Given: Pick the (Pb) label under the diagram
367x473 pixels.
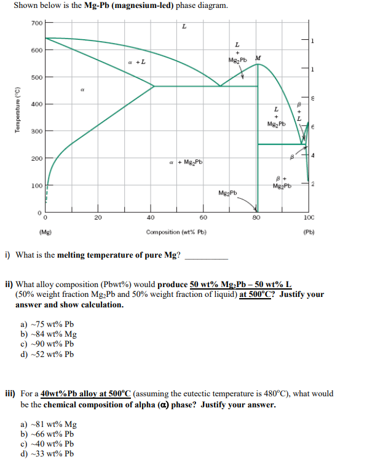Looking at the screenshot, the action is [309, 233].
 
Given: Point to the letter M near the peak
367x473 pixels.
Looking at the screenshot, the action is [258, 59].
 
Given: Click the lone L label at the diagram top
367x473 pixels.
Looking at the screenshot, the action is [184, 27].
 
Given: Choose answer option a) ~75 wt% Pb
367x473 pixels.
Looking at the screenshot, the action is [47, 325].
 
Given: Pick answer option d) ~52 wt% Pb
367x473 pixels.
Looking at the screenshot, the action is [47, 354].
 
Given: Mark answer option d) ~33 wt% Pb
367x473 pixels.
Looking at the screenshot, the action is [47, 454].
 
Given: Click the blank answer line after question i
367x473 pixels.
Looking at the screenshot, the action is [206, 256].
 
